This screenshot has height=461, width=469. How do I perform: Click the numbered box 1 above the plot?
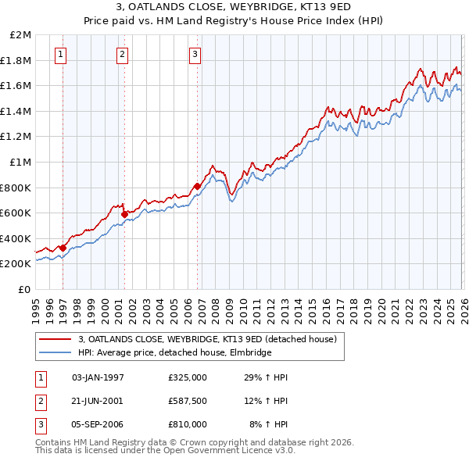tap(61, 54)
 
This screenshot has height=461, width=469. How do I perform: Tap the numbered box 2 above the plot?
tap(123, 54)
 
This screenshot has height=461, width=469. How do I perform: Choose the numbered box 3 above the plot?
tap(195, 54)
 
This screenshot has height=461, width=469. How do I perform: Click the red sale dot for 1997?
tap(63, 248)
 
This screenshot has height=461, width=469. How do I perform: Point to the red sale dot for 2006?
tap(197, 186)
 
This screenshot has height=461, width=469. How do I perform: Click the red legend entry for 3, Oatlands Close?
tap(207, 339)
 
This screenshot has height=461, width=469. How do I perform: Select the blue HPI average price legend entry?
tap(174, 353)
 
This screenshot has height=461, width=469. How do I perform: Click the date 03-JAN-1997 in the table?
tap(98, 377)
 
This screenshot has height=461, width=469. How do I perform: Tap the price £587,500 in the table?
tap(188, 401)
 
